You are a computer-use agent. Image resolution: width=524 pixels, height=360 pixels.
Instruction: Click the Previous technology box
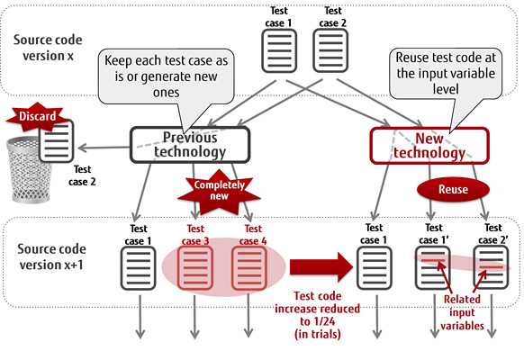(x=189, y=145)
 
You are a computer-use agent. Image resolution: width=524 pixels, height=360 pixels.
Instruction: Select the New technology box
(x=429, y=145)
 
